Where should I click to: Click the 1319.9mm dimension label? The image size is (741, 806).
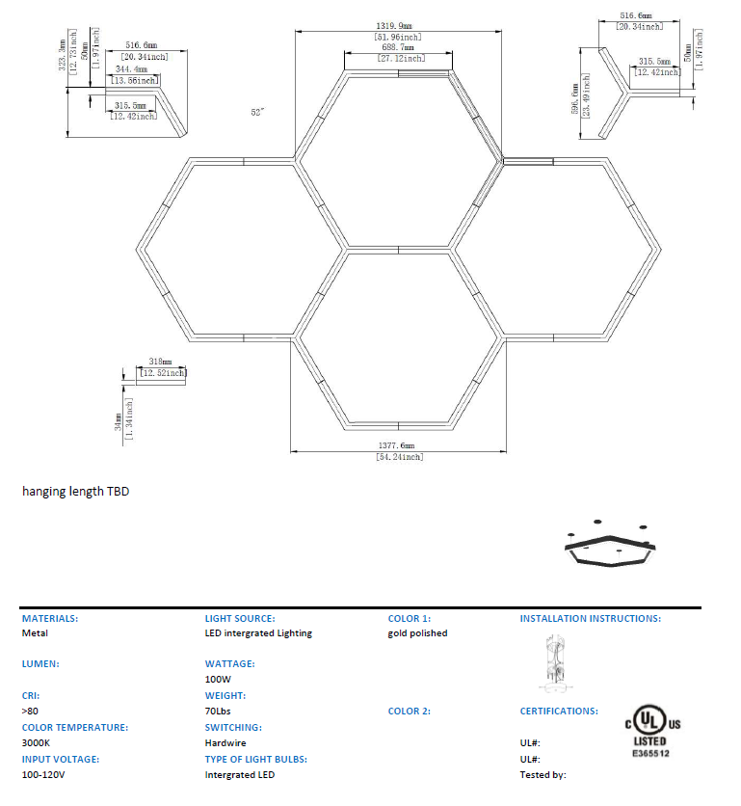click(398, 26)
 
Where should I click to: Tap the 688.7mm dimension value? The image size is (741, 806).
click(398, 47)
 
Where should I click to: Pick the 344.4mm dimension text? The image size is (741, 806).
click(134, 70)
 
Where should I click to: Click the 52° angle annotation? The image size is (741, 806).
click(257, 112)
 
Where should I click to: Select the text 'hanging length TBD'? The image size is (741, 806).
click(75, 492)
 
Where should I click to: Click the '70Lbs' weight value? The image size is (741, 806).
click(218, 712)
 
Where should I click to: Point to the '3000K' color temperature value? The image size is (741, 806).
click(37, 743)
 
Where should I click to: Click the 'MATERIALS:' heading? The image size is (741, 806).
click(50, 618)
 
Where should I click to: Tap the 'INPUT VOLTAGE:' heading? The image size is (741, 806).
click(61, 760)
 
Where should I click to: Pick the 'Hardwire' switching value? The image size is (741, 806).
click(225, 743)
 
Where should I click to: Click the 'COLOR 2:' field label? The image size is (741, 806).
click(410, 712)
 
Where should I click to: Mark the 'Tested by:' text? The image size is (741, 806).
click(543, 774)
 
